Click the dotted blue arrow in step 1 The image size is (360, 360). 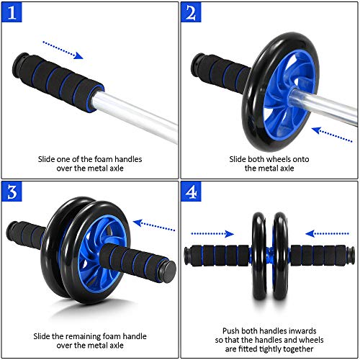[x=63, y=48]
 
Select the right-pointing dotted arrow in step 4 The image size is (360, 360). [x=213, y=233]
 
